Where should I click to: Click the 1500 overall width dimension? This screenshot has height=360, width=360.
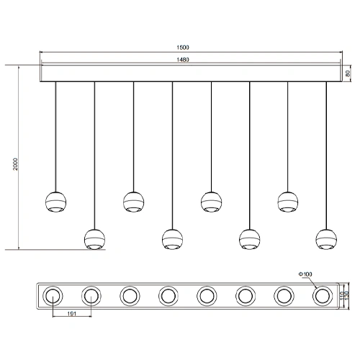[x=183, y=48]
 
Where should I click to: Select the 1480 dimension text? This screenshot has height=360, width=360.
[x=183, y=60]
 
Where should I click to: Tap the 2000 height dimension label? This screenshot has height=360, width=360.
[x=15, y=164]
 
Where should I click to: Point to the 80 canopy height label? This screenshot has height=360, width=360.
[x=348, y=73]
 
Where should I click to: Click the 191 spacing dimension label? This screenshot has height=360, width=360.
[x=72, y=313]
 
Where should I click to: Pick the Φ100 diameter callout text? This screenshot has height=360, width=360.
[x=305, y=274]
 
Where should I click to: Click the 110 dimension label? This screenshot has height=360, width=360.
[x=343, y=296]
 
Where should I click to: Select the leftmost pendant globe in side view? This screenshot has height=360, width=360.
[x=55, y=202]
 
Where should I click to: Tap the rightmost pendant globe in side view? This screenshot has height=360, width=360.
[x=326, y=240]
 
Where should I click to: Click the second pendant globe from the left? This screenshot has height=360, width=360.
[x=94, y=240]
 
